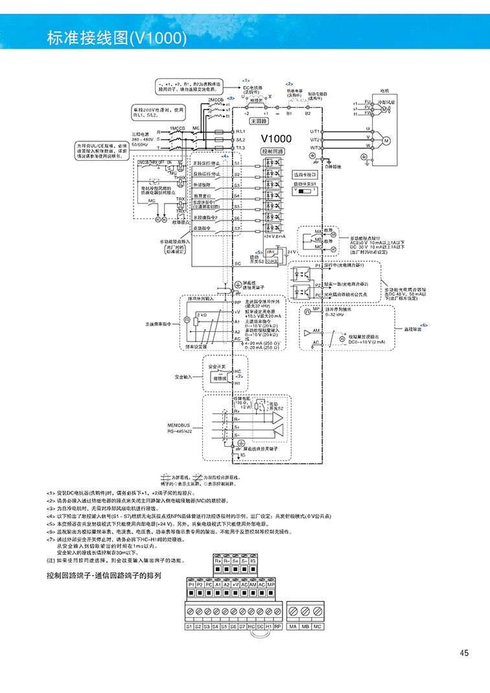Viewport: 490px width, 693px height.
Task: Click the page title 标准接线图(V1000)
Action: point(117,38)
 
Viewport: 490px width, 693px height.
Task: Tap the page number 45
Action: point(464,653)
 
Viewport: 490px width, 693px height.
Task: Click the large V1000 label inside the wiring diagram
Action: point(277,138)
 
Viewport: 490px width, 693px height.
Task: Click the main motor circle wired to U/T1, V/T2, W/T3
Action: point(387,140)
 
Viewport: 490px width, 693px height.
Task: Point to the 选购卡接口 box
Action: point(305,174)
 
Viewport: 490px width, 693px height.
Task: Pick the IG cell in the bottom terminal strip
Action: point(253,559)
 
